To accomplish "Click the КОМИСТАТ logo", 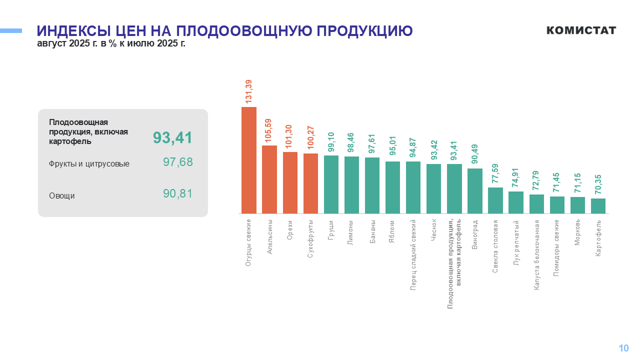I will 581,30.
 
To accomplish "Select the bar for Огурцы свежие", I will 249,160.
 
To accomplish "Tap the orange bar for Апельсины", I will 269,179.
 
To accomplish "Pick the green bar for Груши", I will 331,184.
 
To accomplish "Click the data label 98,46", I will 351,142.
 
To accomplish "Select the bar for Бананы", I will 372,185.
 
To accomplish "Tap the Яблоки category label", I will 392,231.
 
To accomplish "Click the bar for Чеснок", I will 433,188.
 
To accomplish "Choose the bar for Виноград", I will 474,190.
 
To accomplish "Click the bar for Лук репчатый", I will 515,202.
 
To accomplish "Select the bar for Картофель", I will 598,205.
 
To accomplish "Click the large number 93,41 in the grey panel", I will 172,138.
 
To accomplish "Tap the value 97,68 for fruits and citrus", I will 177,162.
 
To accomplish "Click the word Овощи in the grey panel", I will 62,195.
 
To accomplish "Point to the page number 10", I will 623,348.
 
